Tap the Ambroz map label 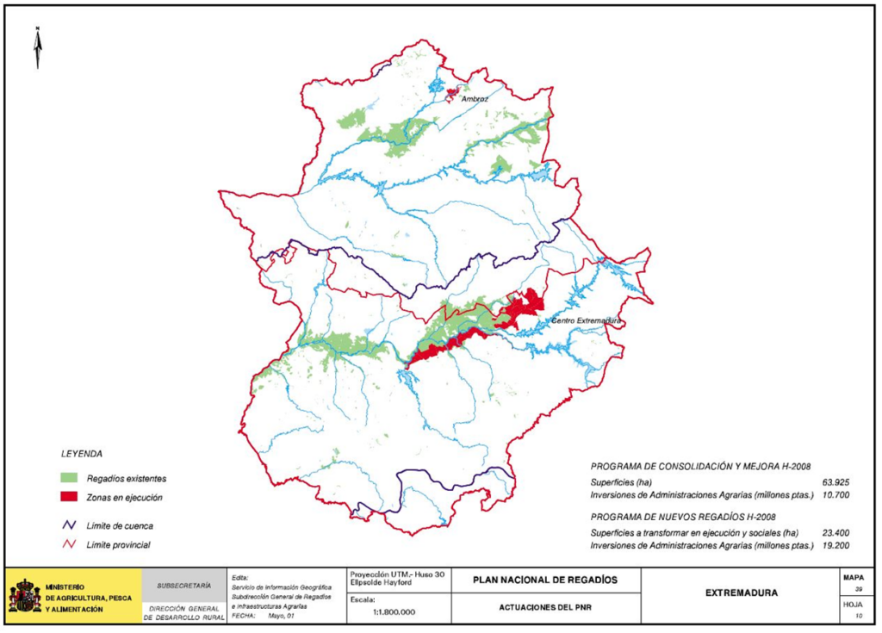pyautogui.click(x=475, y=99)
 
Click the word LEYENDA pyautogui.click(x=82, y=453)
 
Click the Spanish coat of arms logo pyautogui.click(x=24, y=596)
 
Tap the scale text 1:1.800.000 pyautogui.click(x=394, y=611)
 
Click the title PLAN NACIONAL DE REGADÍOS pyautogui.click(x=545, y=580)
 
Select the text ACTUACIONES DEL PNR pyautogui.click(x=545, y=607)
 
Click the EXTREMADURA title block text pyautogui.click(x=741, y=593)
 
